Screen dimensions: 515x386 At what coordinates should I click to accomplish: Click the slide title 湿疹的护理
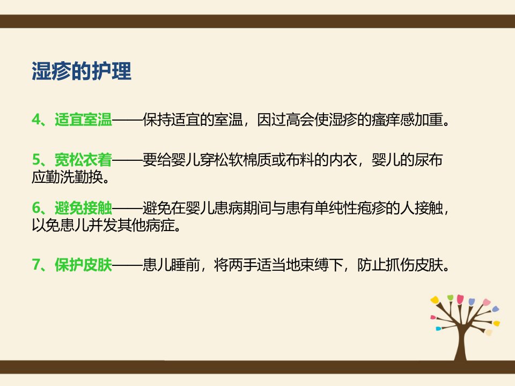point(82,71)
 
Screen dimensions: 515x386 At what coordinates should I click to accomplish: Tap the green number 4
point(36,120)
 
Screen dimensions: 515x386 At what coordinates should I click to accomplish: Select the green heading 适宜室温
point(84,120)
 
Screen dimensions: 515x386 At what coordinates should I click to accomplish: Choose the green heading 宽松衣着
point(84,160)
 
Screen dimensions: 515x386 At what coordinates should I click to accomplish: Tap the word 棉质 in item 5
point(257,160)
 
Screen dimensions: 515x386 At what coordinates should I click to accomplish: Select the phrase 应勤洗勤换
point(68,177)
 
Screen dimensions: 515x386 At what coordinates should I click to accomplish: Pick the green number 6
point(36,208)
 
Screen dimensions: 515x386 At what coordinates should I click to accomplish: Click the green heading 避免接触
point(84,208)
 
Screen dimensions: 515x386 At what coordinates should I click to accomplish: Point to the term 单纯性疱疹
point(350,208)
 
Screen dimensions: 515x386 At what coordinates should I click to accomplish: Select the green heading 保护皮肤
point(84,265)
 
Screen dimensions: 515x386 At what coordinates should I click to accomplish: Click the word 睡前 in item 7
point(185,265)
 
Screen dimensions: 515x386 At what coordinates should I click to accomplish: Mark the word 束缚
point(314,265)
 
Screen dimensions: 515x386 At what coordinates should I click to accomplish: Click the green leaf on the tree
point(450,298)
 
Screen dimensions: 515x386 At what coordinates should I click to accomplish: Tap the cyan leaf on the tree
point(438,328)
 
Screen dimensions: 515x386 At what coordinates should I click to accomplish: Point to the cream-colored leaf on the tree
point(489,332)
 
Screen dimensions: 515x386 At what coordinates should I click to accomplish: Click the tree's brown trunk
point(461,345)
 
